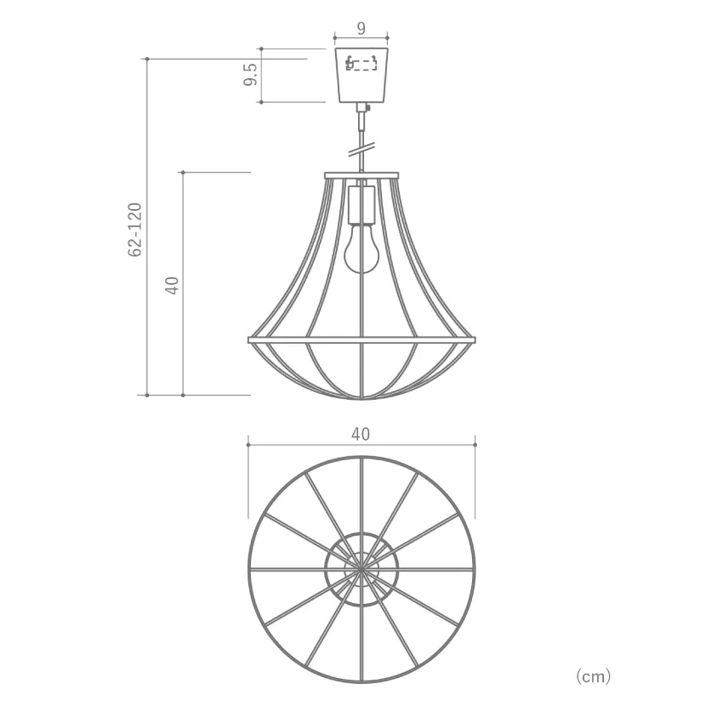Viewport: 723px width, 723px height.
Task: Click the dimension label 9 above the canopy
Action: click(361, 29)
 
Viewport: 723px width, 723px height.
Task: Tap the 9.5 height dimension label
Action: click(250, 75)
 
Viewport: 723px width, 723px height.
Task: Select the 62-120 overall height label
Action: click(135, 230)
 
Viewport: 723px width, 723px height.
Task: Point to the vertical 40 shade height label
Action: click(172, 286)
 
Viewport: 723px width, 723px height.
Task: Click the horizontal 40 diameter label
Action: click(361, 435)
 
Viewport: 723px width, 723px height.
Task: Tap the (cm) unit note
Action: click(594, 676)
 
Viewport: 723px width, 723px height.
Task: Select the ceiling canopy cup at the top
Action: click(361, 75)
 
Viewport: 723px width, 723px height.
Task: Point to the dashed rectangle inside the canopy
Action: click(361, 63)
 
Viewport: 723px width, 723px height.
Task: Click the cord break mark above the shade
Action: click(361, 150)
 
